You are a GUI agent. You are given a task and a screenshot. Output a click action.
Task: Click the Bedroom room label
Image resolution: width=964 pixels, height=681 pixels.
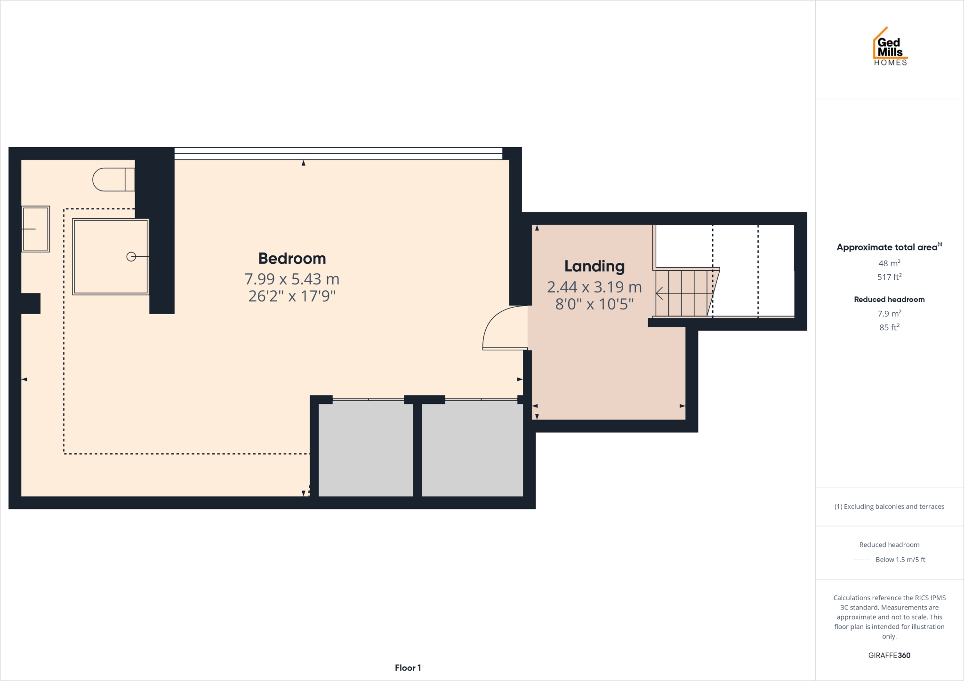[x=292, y=259]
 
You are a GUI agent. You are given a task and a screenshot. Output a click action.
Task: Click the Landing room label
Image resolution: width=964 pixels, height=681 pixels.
[x=594, y=266]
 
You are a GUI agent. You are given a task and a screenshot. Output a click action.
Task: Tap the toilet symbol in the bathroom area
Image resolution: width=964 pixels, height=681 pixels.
[x=113, y=180]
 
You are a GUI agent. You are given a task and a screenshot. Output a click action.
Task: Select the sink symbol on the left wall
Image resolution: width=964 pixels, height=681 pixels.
[x=36, y=229]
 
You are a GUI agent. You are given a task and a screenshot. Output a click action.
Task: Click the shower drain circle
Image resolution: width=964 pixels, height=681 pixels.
[x=131, y=257]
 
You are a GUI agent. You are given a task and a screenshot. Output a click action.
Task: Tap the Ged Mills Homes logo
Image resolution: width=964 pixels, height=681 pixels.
[x=890, y=47]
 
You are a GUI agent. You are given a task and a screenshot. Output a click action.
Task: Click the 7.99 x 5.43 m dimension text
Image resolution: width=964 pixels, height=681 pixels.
[x=292, y=279]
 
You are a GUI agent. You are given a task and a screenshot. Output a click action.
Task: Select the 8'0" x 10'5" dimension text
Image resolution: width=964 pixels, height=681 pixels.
[x=594, y=304]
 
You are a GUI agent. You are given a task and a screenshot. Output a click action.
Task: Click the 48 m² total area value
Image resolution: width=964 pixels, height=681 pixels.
[x=889, y=263]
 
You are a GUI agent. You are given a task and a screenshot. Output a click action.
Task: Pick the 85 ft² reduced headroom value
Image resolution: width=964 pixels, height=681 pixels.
[x=889, y=327]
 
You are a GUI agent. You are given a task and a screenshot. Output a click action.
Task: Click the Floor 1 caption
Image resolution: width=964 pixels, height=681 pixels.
[x=408, y=668]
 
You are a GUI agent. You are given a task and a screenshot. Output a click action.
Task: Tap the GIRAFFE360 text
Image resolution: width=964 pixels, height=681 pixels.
[x=889, y=655]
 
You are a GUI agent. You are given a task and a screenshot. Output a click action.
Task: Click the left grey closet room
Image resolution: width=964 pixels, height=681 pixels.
[x=366, y=449]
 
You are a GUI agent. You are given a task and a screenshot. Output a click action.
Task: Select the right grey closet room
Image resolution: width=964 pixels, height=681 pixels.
[x=472, y=449]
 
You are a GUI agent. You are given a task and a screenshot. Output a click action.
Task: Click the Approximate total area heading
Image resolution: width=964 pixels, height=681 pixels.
[x=887, y=247]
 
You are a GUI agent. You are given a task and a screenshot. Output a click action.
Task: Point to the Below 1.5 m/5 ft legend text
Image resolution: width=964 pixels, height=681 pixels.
[x=900, y=560]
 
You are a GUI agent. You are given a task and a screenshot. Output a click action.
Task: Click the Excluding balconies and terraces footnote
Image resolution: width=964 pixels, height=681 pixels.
[x=889, y=507]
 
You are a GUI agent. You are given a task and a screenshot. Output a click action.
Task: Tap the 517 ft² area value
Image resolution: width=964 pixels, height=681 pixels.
[x=889, y=277]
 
